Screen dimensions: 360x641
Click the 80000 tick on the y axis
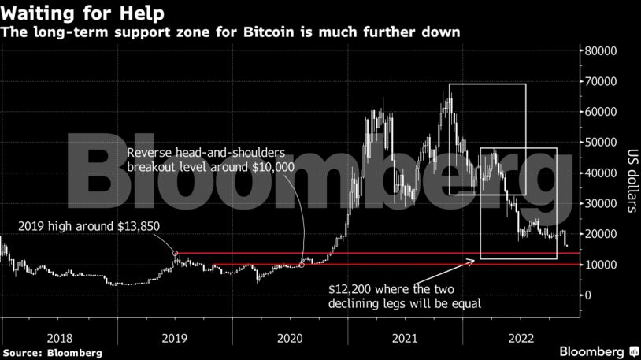(599, 50)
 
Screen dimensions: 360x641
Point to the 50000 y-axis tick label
(599, 143)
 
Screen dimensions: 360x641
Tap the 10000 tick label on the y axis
(599, 265)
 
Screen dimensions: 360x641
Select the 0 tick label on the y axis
(587, 295)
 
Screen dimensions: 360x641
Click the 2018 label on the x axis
(60, 337)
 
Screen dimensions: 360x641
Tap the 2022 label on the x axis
(522, 337)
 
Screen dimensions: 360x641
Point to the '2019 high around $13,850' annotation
(89, 227)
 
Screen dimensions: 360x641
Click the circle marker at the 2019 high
(176, 254)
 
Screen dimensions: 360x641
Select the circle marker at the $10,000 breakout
(302, 265)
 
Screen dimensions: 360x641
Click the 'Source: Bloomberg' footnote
(52, 352)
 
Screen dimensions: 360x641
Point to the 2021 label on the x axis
(406, 337)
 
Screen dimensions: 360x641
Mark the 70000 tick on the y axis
(599, 81)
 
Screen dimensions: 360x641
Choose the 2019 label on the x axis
(175, 337)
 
